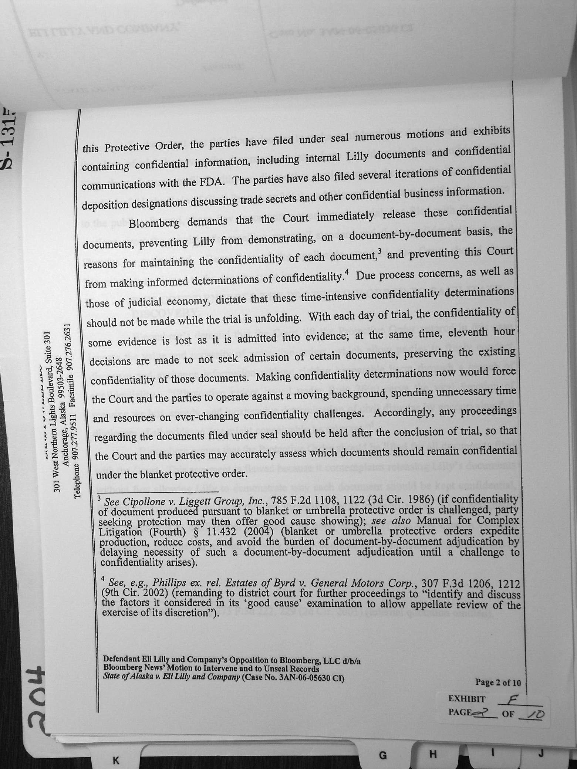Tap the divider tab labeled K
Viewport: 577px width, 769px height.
pyautogui.click(x=115, y=760)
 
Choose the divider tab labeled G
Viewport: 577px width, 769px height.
pyautogui.click(x=383, y=755)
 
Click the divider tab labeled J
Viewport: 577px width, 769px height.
pyautogui.click(x=541, y=752)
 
